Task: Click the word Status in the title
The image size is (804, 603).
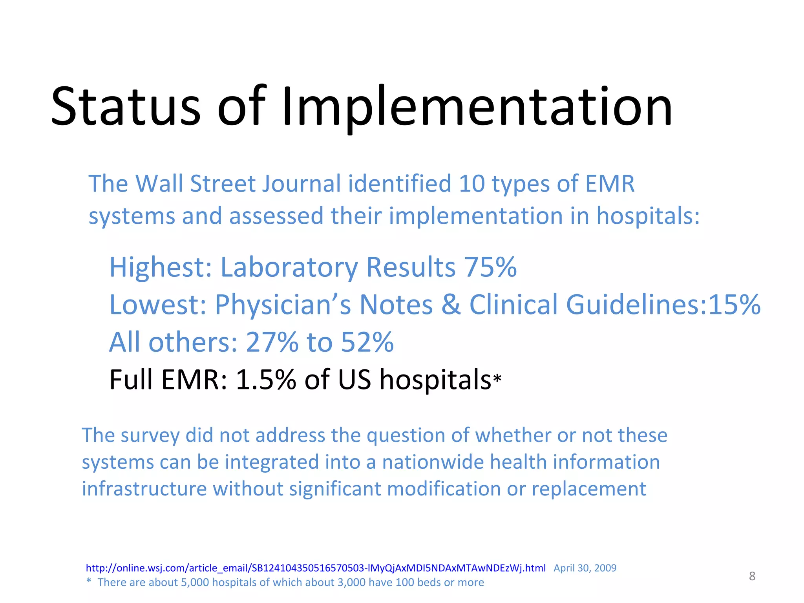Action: pyautogui.click(x=126, y=107)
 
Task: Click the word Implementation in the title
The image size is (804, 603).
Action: pyautogui.click(x=477, y=107)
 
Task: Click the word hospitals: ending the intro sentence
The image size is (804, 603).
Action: pyautogui.click(x=648, y=216)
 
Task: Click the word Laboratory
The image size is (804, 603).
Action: pyautogui.click(x=289, y=267)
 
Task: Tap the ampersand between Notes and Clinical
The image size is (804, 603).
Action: pyautogui.click(x=451, y=305)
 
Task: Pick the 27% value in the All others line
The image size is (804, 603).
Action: pyautogui.click(x=272, y=342)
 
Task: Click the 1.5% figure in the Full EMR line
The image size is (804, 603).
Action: pyautogui.click(x=266, y=380)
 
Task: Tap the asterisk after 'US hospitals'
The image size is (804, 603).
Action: pyautogui.click(x=497, y=379)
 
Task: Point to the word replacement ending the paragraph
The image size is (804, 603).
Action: pyautogui.click(x=588, y=489)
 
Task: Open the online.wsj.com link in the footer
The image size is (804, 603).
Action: pyautogui.click(x=316, y=568)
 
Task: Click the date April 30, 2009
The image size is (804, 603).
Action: pyautogui.click(x=585, y=568)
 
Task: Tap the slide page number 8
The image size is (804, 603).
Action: pyautogui.click(x=752, y=576)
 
